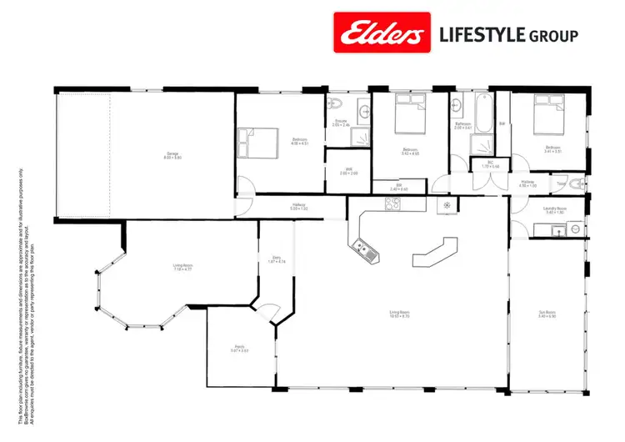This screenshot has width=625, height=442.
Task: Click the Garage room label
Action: pyautogui.click(x=172, y=155)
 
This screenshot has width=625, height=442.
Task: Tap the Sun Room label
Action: pyautogui.click(x=547, y=314)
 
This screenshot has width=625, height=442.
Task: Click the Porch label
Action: pyautogui.click(x=238, y=349)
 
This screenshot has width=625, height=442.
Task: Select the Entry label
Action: pyautogui.click(x=278, y=260)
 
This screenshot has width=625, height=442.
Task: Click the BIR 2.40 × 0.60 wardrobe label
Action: pyautogui.click(x=399, y=187)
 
